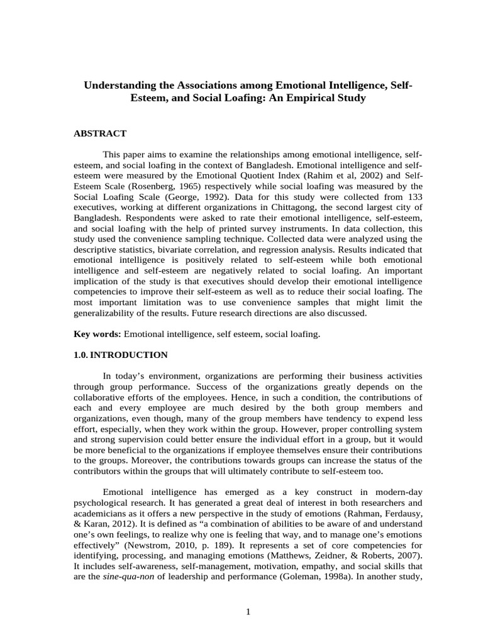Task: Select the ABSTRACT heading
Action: [x=100, y=133]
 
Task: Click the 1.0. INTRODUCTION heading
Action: [x=121, y=355]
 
